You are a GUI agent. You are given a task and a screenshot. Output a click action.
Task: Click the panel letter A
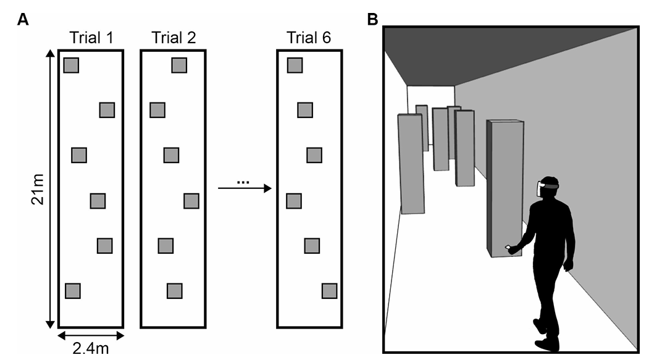point(23,20)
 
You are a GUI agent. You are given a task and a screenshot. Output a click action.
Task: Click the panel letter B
point(372,20)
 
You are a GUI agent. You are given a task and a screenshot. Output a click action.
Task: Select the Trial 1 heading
point(91,38)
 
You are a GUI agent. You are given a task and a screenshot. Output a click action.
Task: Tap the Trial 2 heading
point(174,38)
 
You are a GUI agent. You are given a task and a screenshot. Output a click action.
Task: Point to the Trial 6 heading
point(309,38)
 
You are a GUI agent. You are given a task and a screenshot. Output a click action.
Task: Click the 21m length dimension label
point(38,189)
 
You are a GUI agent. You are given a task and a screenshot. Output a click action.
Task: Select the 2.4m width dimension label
point(91,349)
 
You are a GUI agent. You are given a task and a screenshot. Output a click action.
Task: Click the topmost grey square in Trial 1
point(72,65)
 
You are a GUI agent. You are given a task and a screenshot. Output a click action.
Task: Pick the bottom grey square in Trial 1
point(73,291)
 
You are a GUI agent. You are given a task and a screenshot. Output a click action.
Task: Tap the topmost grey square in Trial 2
point(179,65)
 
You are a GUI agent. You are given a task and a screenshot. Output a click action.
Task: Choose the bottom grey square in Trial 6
point(330,291)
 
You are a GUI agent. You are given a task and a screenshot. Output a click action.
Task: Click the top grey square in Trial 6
point(295,65)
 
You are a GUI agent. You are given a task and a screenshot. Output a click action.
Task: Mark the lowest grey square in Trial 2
point(174,291)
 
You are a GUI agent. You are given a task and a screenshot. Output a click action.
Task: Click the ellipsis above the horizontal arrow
point(243,182)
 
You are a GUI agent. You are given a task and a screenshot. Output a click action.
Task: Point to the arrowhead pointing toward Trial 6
point(268,188)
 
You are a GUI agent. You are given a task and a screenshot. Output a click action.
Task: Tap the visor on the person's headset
point(540,189)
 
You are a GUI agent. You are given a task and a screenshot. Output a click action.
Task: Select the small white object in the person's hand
point(508,247)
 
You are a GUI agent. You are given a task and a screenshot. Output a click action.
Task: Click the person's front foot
point(547,344)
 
